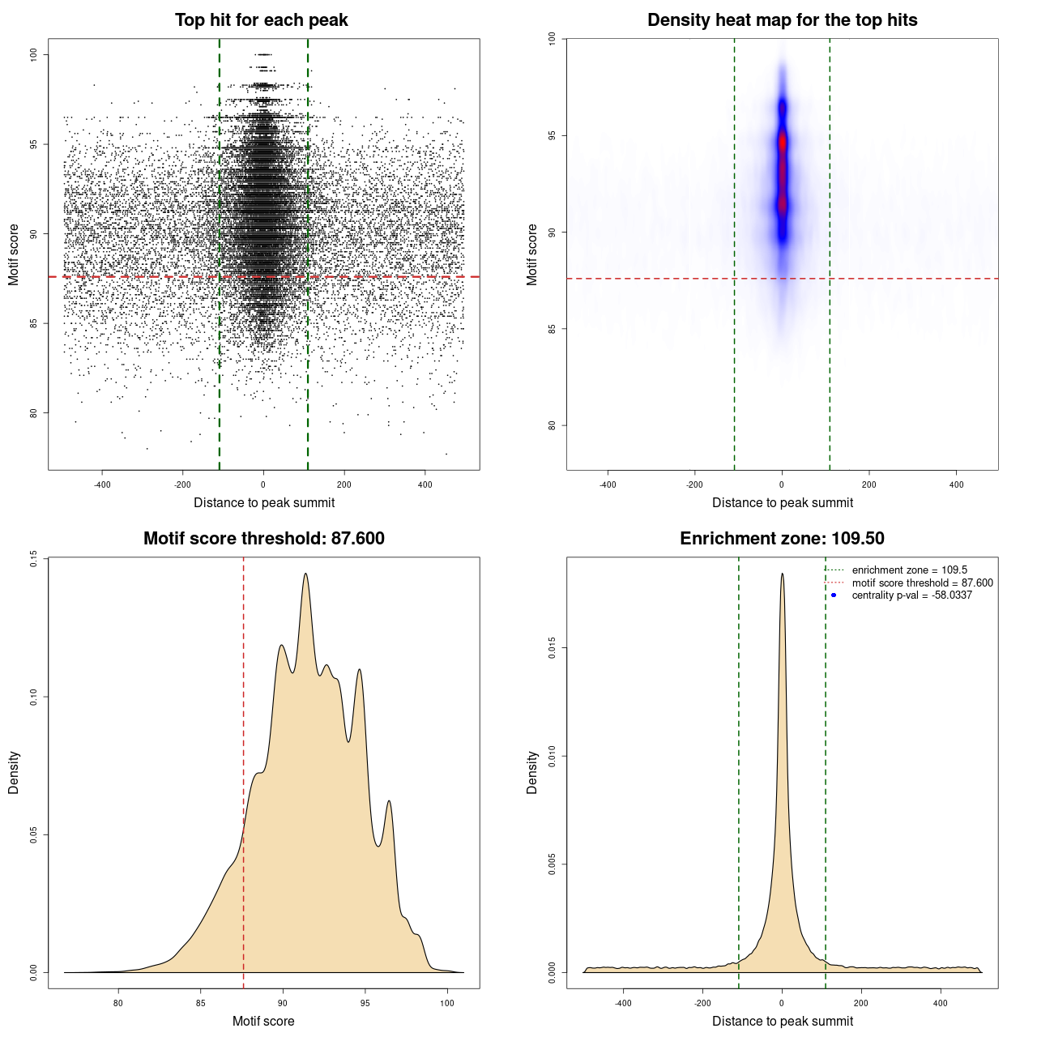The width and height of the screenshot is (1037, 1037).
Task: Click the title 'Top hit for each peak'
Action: pos(261,20)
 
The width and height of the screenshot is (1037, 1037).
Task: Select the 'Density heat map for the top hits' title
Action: pos(782,20)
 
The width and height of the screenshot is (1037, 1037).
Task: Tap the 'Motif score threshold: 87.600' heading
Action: pos(263,539)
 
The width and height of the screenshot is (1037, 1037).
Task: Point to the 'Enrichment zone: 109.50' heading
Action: pos(782,539)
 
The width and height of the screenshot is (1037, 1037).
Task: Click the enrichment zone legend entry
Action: pos(909,570)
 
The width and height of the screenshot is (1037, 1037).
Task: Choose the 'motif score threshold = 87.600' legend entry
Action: pos(922,583)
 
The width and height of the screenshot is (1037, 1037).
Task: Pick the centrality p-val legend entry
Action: pos(911,595)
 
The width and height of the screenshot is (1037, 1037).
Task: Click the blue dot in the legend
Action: pos(834,595)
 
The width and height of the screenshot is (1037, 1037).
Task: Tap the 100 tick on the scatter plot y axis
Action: pos(33,54)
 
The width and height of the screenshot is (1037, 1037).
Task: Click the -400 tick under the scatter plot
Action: pos(102,485)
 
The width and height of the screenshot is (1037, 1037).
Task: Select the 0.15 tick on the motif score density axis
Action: pos(33,558)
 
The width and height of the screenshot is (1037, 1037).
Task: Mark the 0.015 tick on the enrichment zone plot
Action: pos(552,648)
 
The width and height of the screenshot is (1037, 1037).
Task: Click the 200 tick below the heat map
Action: pos(869,485)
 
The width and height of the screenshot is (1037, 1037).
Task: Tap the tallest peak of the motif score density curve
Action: pos(305,574)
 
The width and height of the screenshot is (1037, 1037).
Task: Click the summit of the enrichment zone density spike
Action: pos(782,574)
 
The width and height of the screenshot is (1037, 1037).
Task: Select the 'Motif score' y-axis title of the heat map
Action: pos(532,254)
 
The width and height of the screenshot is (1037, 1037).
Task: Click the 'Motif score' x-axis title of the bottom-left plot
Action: pos(263,1021)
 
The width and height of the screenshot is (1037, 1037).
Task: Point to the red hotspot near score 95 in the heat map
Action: pos(783,143)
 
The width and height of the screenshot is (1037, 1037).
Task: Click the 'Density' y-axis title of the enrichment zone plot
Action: pos(532,772)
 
